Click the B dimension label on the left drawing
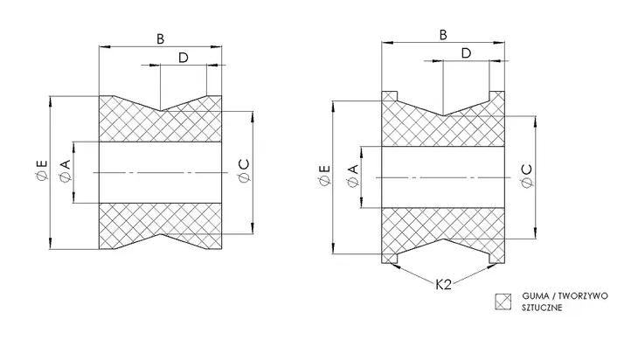(160, 39)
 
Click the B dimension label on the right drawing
(443, 35)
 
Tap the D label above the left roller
(184, 58)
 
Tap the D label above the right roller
(467, 53)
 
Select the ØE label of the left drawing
(41, 170)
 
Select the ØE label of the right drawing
(325, 176)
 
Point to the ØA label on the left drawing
(65, 171)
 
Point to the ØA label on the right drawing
(353, 176)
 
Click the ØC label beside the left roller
(244, 171)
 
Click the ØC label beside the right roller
(526, 177)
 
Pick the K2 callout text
(443, 284)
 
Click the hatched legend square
(503, 301)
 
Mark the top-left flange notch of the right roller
(390, 96)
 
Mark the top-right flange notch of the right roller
(496, 96)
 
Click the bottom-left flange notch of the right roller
(390, 259)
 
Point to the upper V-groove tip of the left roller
(161, 111)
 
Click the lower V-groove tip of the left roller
(161, 234)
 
